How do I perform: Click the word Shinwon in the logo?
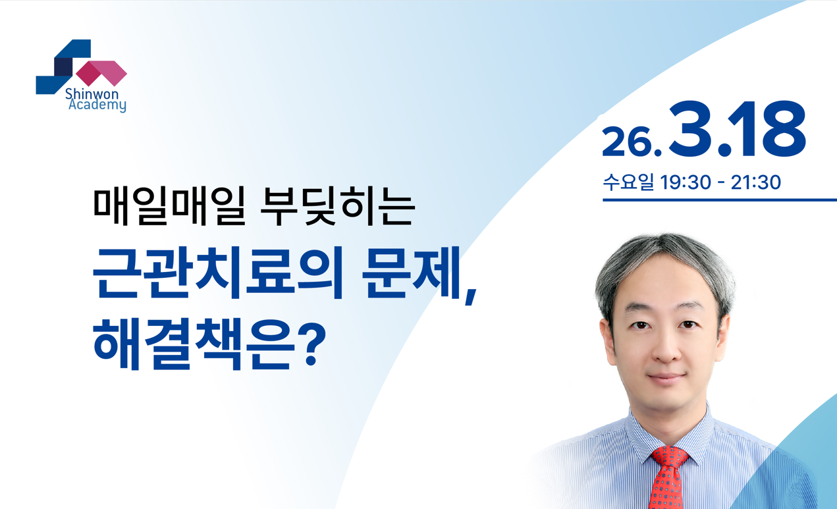coord(92,94)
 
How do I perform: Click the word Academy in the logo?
coord(97,105)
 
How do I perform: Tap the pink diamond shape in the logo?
coord(101,73)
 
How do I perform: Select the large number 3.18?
coord(737,128)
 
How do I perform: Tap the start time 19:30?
coord(686,182)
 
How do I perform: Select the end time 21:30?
coord(755,182)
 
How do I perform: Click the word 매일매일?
coord(169,206)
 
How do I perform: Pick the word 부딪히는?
coord(337,206)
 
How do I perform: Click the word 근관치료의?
coord(218,273)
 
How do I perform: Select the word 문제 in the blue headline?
coord(412,273)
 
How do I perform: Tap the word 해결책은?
coord(194,344)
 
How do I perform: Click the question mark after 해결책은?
coord(313,344)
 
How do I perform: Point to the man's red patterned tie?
coord(669,477)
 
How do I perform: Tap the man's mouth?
coord(666,377)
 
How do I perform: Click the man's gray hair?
coord(665,261)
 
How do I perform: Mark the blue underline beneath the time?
coord(720,200)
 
